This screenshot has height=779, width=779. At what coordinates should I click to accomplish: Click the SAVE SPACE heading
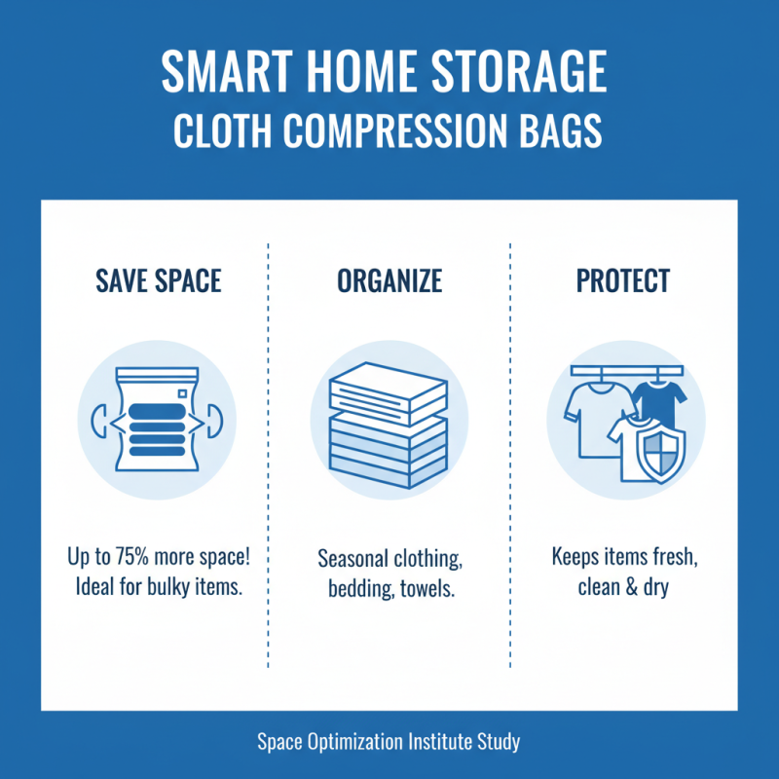159,281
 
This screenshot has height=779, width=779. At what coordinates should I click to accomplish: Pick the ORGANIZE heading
389,281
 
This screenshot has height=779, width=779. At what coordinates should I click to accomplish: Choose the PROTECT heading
623,281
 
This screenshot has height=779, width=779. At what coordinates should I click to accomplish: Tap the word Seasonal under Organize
355,560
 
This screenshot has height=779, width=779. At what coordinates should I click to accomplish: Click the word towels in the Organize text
427,590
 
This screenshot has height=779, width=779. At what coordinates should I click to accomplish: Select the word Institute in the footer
432,742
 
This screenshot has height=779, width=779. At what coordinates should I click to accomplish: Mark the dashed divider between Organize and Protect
510,458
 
